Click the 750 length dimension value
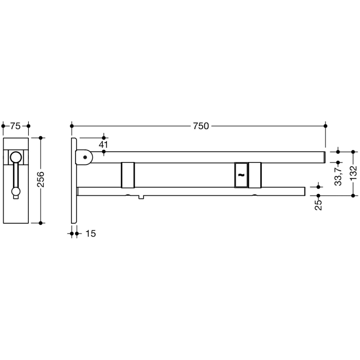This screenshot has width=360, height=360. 201,126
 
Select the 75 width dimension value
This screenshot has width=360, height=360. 15,126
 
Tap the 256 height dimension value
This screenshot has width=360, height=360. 42,179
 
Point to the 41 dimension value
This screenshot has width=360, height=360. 103,145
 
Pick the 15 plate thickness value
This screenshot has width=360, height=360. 90,233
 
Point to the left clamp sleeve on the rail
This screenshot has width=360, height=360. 128,175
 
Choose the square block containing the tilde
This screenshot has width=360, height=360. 241,175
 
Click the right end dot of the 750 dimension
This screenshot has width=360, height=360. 325,125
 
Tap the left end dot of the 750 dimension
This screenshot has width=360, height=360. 72,125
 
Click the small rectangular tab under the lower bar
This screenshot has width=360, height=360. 141,198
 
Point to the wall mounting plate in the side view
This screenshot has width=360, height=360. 75,180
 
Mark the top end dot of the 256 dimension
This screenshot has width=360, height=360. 42,138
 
